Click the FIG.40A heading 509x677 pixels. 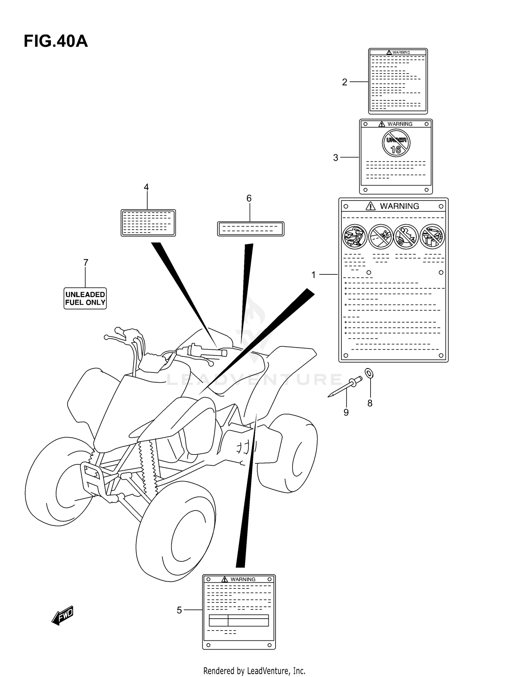pyautogui.click(x=56, y=41)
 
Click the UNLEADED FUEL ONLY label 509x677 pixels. pyautogui.click(x=85, y=298)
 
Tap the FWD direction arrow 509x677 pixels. pyautogui.click(x=63, y=615)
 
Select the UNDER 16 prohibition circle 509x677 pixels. pyautogui.click(x=396, y=143)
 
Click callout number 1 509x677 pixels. pyautogui.click(x=314, y=275)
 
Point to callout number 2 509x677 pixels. pyautogui.click(x=344, y=82)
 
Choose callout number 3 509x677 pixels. pyautogui.click(x=336, y=158)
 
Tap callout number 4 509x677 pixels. pyautogui.click(x=146, y=187)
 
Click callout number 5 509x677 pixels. pyautogui.click(x=180, y=610)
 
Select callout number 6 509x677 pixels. pyautogui.click(x=249, y=198)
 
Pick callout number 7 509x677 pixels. pyautogui.click(x=86, y=263)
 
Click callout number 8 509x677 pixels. pyautogui.click(x=370, y=403)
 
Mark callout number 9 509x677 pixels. pyautogui.click(x=346, y=412)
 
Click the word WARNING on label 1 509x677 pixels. pyautogui.click(x=399, y=206)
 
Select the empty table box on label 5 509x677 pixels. pyautogui.click(x=239, y=620)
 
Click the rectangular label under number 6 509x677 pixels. pyautogui.click(x=250, y=229)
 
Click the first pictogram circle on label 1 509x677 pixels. pyautogui.click(x=355, y=236)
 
